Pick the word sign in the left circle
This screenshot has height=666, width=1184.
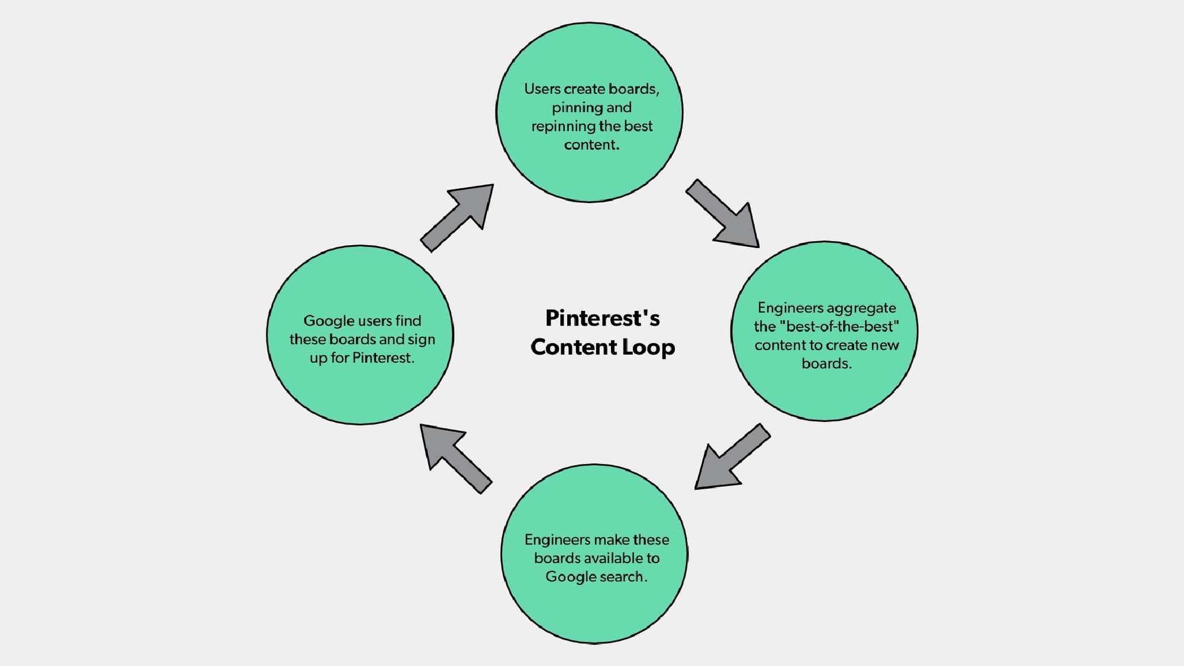point(421,340)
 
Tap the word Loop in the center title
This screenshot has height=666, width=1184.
point(648,348)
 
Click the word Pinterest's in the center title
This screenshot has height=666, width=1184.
point(602,318)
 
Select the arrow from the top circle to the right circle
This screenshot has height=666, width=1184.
point(723,214)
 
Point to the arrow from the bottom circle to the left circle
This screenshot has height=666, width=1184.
point(455,458)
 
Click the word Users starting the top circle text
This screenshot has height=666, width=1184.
point(542,89)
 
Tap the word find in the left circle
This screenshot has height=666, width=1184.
point(408,321)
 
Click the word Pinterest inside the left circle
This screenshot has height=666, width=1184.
point(382,358)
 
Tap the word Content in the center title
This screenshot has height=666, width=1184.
point(565,348)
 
